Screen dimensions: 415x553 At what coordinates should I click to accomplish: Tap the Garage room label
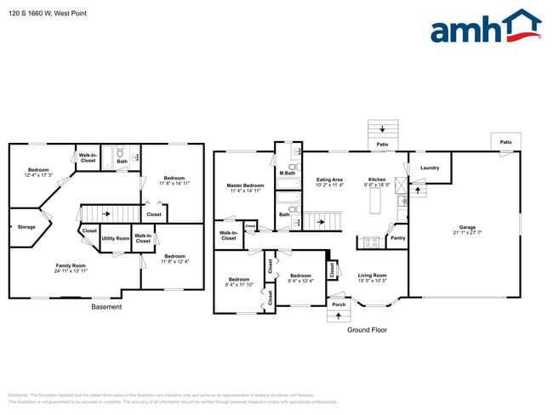coord(466,227)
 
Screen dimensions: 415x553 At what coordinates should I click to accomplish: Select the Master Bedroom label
coord(245,185)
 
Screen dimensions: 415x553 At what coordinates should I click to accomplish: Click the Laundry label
coord(430,168)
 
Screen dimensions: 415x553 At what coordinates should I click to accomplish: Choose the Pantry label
coord(397,238)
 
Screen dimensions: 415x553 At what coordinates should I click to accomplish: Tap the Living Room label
coord(372,275)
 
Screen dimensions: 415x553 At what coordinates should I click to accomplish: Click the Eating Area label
coord(329,179)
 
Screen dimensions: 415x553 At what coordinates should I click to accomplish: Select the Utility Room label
coord(116,239)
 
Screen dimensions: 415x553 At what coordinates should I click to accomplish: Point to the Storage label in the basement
coord(26,227)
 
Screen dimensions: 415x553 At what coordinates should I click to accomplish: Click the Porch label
coord(339,304)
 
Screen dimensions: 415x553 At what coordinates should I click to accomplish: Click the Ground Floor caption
coord(368,329)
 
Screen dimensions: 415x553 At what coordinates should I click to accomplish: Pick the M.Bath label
coord(287,173)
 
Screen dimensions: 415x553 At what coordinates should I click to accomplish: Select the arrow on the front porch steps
coord(339,316)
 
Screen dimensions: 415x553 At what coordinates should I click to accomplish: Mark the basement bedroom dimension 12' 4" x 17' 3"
coord(39,174)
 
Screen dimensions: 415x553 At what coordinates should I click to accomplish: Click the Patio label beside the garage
coord(505,142)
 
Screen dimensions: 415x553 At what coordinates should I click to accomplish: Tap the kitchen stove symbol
coord(372,242)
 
